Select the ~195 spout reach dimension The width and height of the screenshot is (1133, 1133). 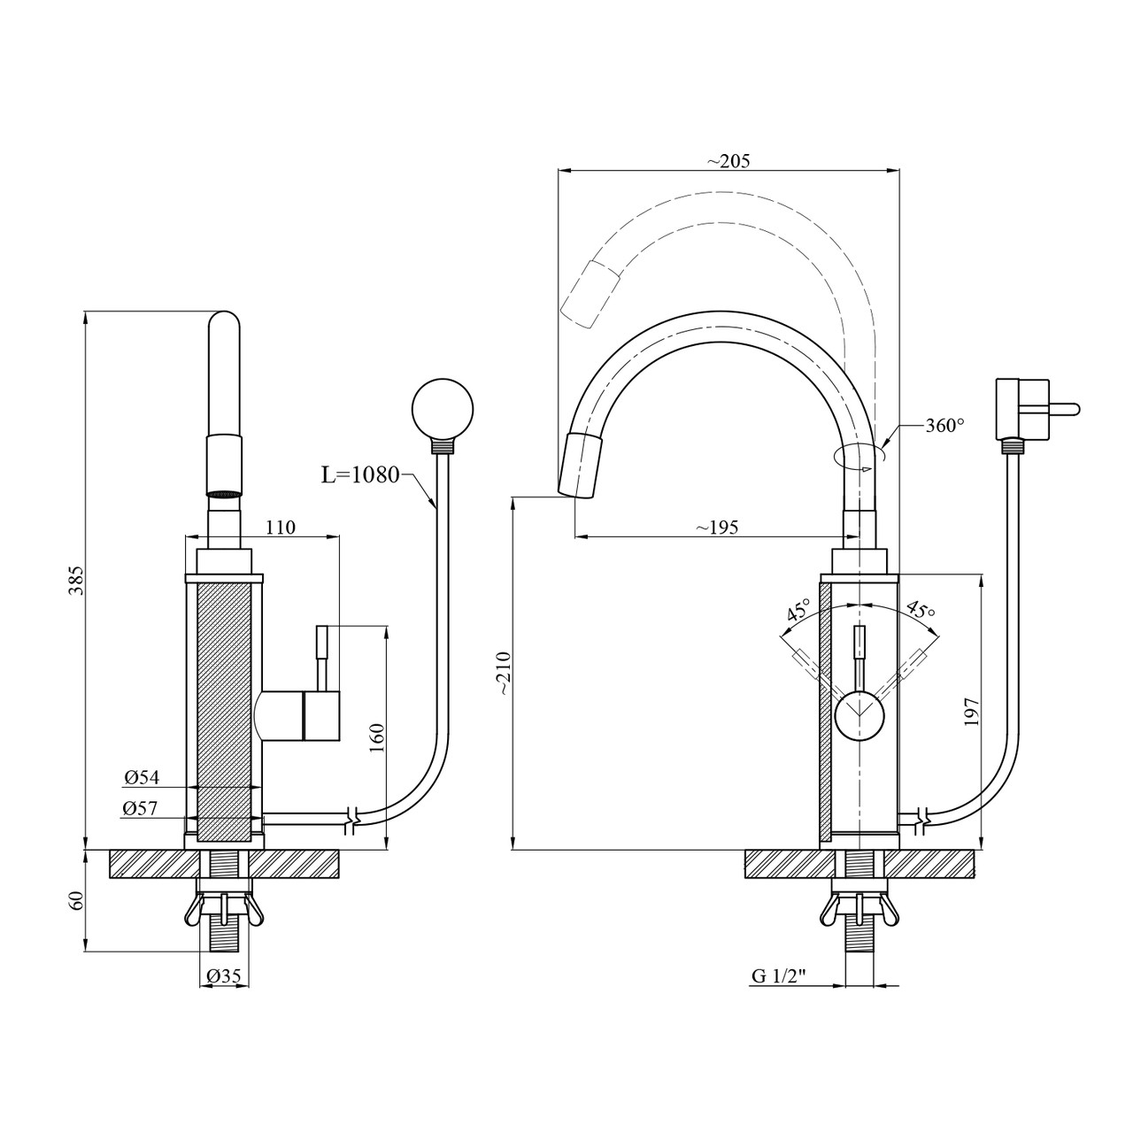717,527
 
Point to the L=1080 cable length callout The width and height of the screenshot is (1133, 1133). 360,474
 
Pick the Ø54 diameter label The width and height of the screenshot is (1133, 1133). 142,777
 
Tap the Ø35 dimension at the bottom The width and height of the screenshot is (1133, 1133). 224,976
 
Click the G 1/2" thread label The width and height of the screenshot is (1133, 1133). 778,976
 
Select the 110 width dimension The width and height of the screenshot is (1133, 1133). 281,528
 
